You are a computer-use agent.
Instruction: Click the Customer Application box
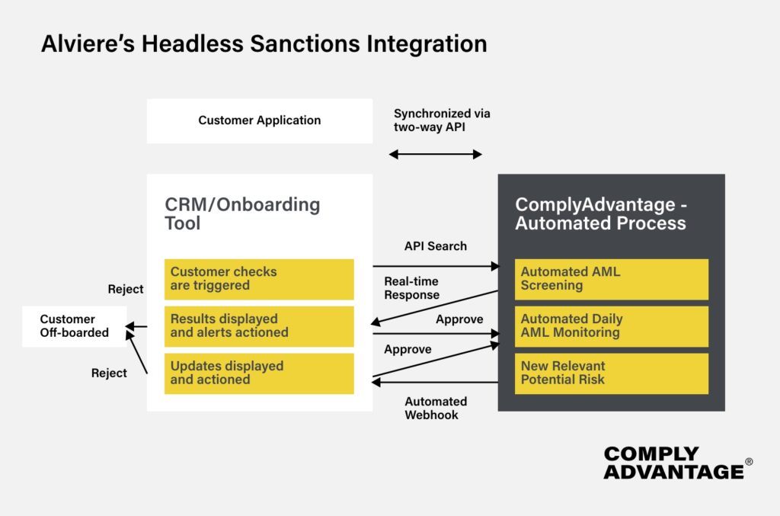259,120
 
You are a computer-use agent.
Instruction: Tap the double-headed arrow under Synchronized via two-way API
435,155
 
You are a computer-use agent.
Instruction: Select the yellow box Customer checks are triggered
259,279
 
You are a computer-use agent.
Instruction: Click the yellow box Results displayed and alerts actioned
259,326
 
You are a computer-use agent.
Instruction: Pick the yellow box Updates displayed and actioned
259,373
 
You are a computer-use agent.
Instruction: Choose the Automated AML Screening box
612,279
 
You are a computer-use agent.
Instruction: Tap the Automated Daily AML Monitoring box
612,326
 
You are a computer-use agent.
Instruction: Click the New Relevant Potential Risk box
612,373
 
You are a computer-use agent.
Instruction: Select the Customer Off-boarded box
74,326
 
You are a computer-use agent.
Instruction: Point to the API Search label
435,246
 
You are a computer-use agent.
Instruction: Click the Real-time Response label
411,288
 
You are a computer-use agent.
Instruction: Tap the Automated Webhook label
435,408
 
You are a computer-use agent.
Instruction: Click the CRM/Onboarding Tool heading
242,214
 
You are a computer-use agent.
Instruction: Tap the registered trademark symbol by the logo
749,462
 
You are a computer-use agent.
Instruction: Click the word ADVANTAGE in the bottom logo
673,472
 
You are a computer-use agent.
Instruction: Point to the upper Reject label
125,289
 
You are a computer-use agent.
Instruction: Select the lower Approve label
408,349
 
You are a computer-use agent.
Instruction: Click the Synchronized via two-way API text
442,120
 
